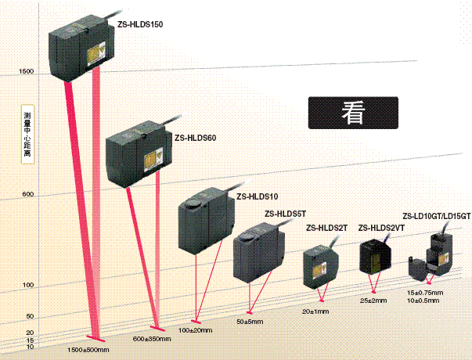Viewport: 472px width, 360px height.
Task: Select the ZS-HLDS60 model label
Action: coord(195,137)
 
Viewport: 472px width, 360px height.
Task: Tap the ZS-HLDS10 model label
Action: coord(258,196)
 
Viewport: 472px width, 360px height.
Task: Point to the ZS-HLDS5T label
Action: coord(286,213)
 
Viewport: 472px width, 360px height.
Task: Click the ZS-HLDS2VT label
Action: coord(381,229)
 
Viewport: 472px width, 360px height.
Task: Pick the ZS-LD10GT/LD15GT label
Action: coord(436,217)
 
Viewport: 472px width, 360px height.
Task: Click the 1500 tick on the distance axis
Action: coord(25,72)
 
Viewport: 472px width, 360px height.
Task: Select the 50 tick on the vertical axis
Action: coord(30,316)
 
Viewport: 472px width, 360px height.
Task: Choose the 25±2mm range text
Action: coord(373,300)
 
